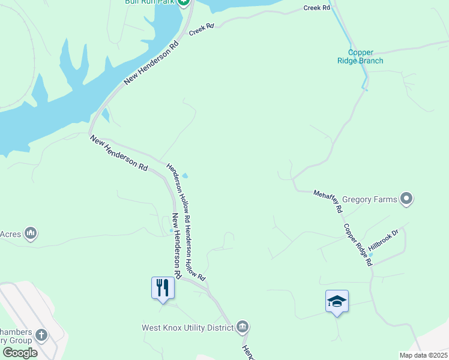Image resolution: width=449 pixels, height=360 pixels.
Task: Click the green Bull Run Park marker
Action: click(x=185, y=2)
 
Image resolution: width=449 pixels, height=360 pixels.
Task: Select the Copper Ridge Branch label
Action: click(x=365, y=56)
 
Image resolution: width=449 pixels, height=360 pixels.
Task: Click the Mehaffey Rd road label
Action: click(x=328, y=201)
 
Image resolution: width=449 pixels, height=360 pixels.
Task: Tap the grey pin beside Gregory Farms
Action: click(x=407, y=198)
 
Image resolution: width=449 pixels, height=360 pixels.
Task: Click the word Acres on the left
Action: click(x=11, y=234)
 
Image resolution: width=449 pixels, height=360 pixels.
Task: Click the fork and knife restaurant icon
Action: click(x=163, y=288)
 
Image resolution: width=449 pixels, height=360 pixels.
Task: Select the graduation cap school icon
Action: click(x=337, y=301)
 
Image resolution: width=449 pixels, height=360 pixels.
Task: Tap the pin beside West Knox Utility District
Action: click(x=242, y=326)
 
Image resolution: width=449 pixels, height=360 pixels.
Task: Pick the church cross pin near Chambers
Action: click(x=41, y=334)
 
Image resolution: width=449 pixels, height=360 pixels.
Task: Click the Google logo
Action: click(x=20, y=353)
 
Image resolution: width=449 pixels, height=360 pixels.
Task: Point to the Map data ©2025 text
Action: click(x=423, y=355)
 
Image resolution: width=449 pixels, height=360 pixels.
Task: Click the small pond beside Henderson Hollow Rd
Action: click(x=185, y=176)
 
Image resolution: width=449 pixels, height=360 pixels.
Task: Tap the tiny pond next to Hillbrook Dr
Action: click(x=370, y=254)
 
